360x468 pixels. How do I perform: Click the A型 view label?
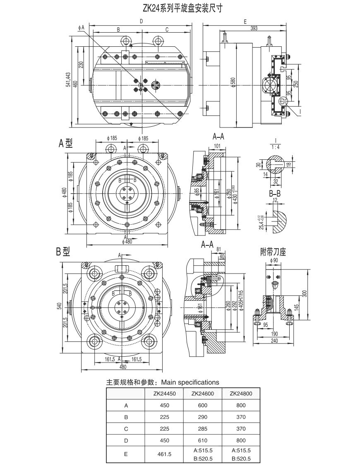tap(65, 143)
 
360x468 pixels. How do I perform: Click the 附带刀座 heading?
tap(274, 251)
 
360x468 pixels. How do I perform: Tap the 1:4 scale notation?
tap(274, 147)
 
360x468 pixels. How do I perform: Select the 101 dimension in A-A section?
tap(218, 146)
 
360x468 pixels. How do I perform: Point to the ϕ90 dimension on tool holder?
tap(273, 260)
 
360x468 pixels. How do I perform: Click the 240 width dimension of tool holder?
tap(274, 341)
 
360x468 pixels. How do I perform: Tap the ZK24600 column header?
tap(202, 394)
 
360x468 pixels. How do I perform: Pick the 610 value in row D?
tap(202, 440)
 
